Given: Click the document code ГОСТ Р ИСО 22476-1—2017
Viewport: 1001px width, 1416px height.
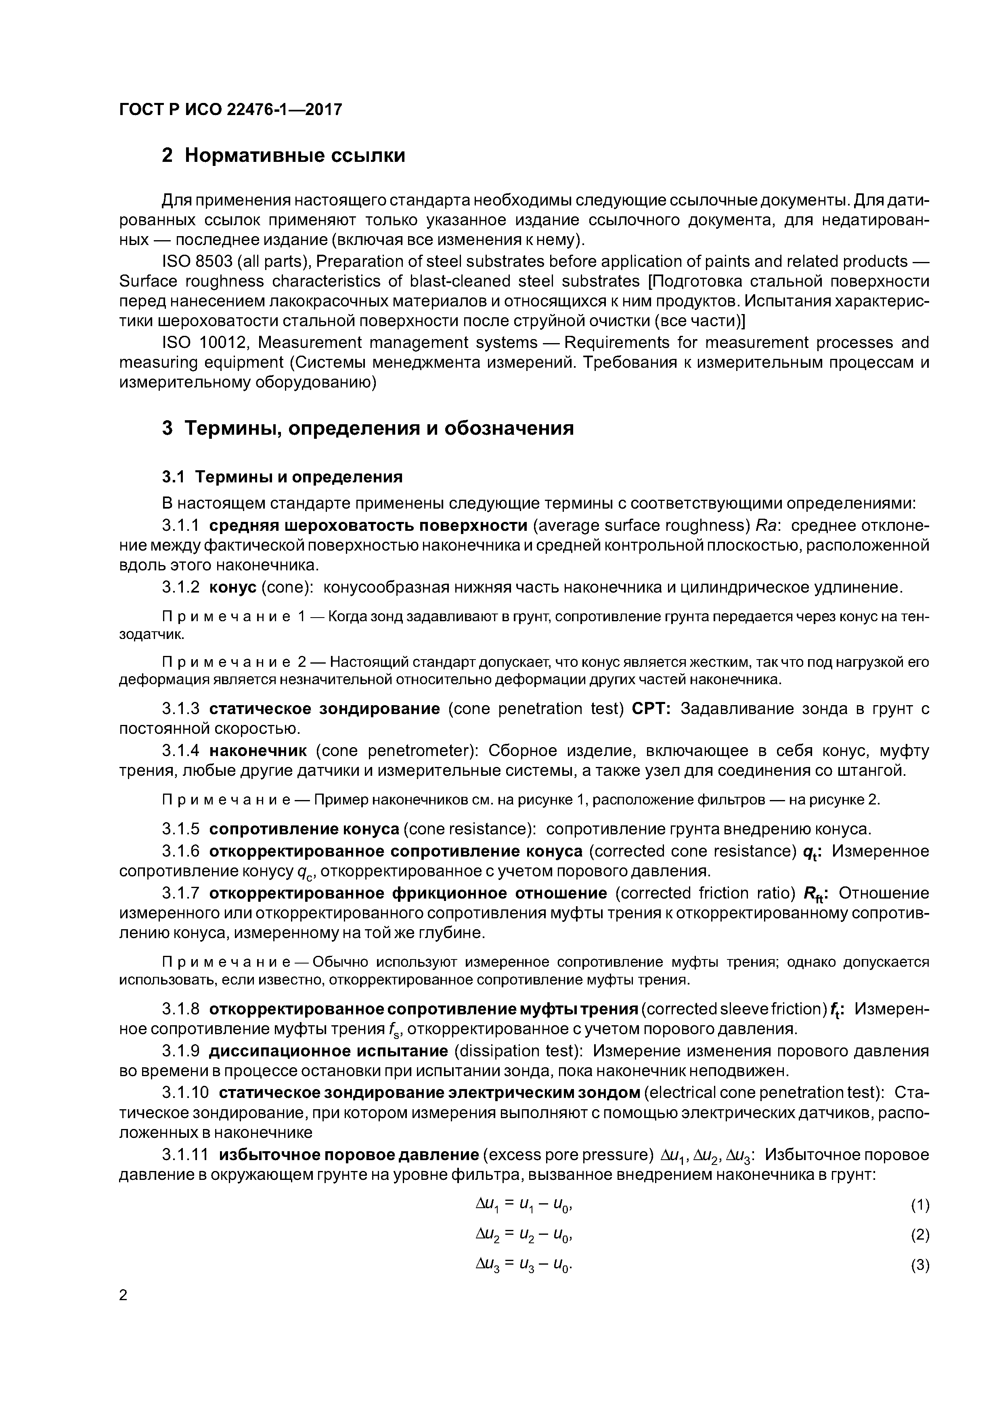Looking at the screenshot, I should coord(230,110).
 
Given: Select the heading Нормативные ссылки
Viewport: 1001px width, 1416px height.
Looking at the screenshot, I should coord(295,155).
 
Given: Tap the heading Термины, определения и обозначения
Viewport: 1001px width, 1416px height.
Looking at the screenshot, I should coord(379,428).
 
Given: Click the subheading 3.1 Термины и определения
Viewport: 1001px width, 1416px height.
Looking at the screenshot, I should coord(282,477).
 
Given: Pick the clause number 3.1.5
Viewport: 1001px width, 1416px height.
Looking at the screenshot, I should coord(181,828).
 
